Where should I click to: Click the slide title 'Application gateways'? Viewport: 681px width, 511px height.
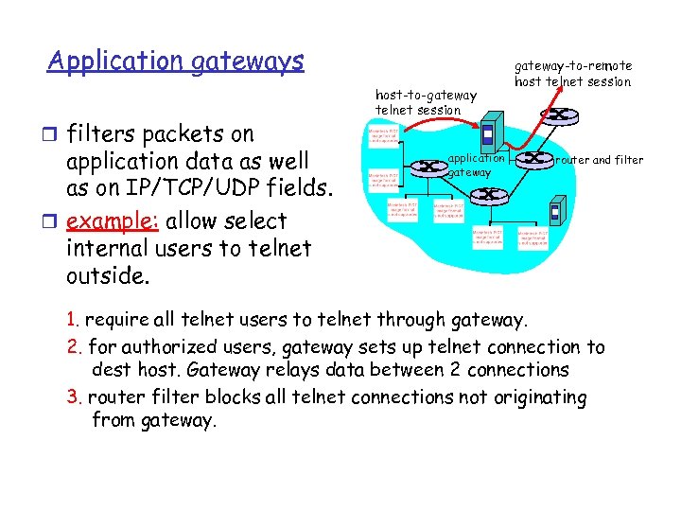click(x=176, y=62)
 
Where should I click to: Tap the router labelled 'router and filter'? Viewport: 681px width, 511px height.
click(x=539, y=160)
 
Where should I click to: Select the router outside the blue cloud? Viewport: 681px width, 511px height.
click(x=561, y=115)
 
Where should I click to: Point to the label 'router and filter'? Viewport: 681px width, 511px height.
click(x=600, y=160)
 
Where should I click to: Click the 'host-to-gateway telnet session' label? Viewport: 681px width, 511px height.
click(x=426, y=101)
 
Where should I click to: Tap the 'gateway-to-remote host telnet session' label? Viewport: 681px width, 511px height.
click(x=572, y=74)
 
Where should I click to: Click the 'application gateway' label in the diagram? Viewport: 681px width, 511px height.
click(x=476, y=166)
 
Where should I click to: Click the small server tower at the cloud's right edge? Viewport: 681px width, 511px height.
click(x=558, y=209)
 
